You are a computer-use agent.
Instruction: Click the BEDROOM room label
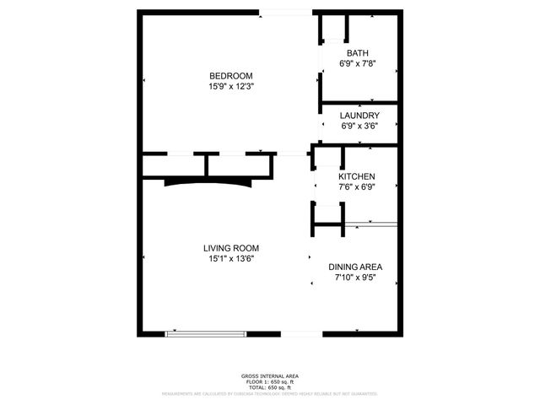pos(231,75)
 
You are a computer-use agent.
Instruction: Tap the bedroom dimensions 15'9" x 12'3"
pos(231,85)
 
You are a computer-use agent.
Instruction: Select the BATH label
pos(357,53)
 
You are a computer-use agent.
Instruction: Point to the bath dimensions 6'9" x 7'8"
pos(357,63)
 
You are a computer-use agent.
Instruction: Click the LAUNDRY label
pos(359,116)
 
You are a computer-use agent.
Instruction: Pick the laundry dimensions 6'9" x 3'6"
pos(359,126)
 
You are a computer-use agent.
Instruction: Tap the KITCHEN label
pos(357,176)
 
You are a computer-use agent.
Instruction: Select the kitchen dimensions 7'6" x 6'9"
pos(357,186)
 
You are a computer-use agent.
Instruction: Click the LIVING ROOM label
pos(231,248)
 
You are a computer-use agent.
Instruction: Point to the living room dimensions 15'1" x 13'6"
pos(231,259)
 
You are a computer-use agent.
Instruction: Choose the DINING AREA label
pos(355,267)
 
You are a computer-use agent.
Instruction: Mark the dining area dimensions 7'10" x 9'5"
pos(355,277)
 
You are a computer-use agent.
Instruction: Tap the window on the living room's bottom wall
pos(207,334)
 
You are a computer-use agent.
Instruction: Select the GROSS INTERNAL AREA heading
pos(270,375)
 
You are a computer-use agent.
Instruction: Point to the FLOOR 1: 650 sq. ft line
pos(270,381)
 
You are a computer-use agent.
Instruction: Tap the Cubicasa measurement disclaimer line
pos(270,393)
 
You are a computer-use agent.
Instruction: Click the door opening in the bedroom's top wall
pos(284,12)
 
